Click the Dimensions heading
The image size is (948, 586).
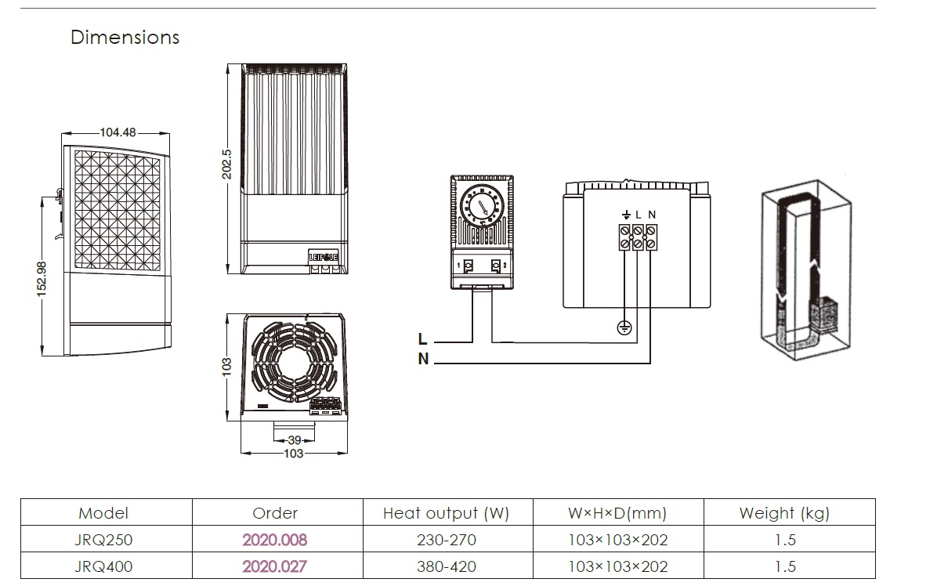tap(125, 38)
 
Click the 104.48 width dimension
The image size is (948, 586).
tap(118, 132)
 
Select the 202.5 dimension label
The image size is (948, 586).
tap(226, 165)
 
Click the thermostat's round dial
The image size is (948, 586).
tap(481, 205)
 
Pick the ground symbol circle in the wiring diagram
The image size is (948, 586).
tap(624, 327)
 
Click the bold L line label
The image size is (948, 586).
tap(423, 339)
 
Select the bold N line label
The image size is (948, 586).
tap(423, 360)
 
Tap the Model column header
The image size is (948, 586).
tap(103, 514)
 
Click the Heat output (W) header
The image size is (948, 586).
tap(446, 514)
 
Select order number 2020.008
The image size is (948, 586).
tap(274, 540)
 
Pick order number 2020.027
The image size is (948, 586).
tap(274, 566)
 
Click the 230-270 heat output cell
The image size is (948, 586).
tap(447, 540)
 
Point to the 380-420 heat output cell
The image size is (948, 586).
tap(447, 566)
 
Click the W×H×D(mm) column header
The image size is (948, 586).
tap(617, 514)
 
